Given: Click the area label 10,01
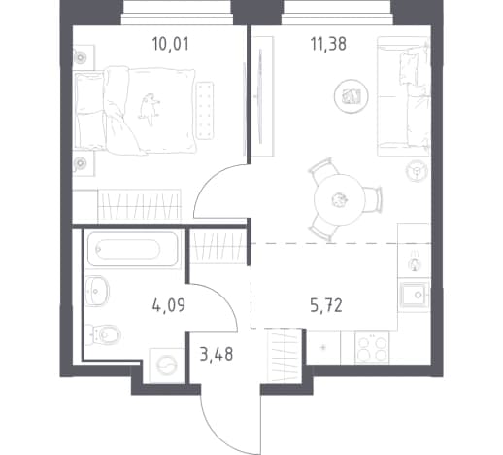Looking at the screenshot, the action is (170, 44).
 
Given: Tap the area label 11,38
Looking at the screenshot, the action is (328, 44).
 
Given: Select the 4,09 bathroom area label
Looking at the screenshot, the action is (169, 305).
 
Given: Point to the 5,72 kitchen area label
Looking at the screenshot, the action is (326, 305).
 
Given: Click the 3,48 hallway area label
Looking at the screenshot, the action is (217, 354).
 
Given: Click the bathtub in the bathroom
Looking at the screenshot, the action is (133, 249).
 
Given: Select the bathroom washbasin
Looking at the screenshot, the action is (97, 291).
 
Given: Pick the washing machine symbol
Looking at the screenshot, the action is (167, 366).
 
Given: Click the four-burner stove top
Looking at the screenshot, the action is (372, 347).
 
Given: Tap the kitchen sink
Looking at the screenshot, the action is (415, 295).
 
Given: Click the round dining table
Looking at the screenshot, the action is (339, 199).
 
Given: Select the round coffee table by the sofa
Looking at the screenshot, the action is (352, 96).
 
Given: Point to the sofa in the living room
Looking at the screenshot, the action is (403, 96).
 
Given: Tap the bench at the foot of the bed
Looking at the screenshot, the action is (205, 111).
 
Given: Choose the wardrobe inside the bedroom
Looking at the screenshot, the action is (139, 205).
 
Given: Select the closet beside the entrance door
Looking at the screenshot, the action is (285, 355).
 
